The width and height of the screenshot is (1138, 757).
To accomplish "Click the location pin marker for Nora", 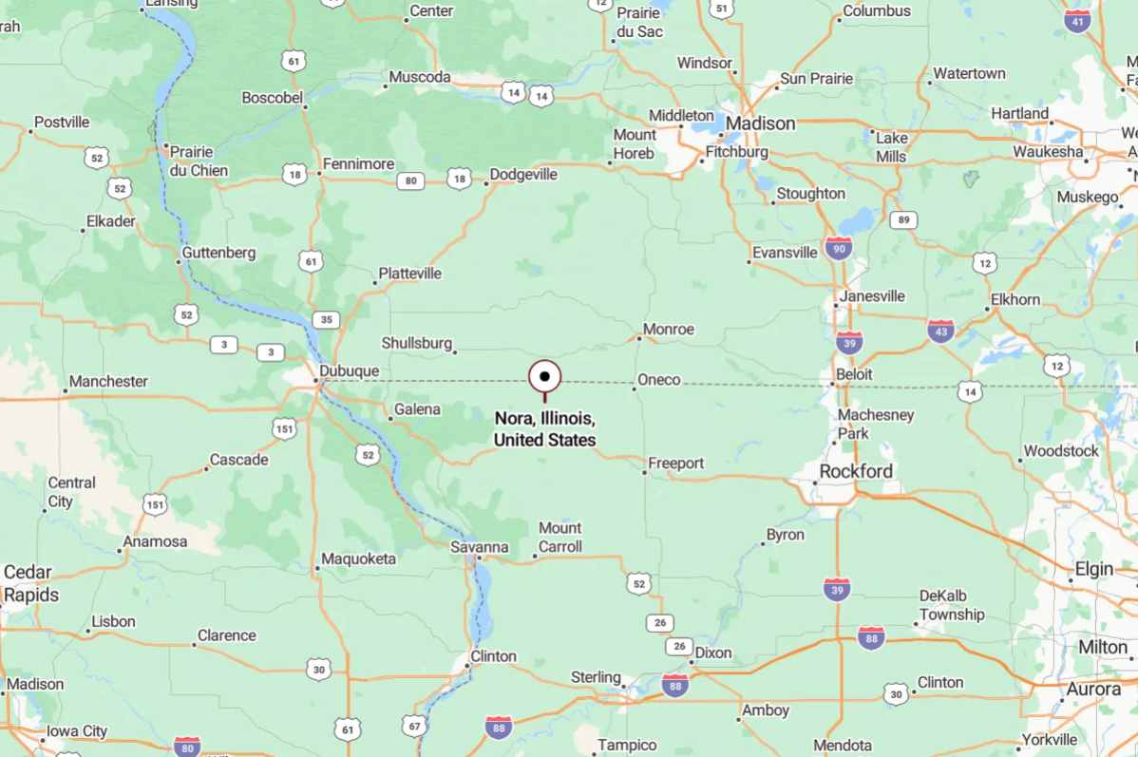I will [x=545, y=377].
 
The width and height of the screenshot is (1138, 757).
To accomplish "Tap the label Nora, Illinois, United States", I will [x=545, y=429].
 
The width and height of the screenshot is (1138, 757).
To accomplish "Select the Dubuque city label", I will [x=350, y=371].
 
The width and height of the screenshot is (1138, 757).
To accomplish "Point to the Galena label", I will [x=418, y=409].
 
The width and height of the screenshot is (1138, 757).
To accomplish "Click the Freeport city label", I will [x=676, y=464].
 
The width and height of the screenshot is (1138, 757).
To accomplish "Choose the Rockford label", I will [x=856, y=471].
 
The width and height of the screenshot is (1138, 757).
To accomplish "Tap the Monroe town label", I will [x=669, y=330].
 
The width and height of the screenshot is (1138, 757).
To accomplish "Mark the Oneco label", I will [x=659, y=380].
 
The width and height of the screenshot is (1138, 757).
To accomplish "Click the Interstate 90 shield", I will [x=838, y=249].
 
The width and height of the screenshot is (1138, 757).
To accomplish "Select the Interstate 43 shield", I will [x=941, y=331].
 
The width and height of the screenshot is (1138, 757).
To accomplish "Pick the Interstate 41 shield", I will [x=1077, y=22].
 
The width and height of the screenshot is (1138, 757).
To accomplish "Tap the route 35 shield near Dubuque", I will [x=327, y=319].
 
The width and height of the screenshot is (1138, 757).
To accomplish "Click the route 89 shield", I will [x=903, y=220].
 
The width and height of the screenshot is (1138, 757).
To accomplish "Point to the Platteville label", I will [x=410, y=274].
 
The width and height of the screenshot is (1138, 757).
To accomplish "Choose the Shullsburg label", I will [x=417, y=342].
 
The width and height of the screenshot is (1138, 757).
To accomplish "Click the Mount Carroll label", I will [x=560, y=537].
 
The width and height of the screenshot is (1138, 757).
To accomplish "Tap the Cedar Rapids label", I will [x=30, y=583].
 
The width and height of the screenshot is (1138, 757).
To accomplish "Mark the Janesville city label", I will [x=873, y=296].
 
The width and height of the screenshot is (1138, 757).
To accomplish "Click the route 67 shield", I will [x=415, y=727].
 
